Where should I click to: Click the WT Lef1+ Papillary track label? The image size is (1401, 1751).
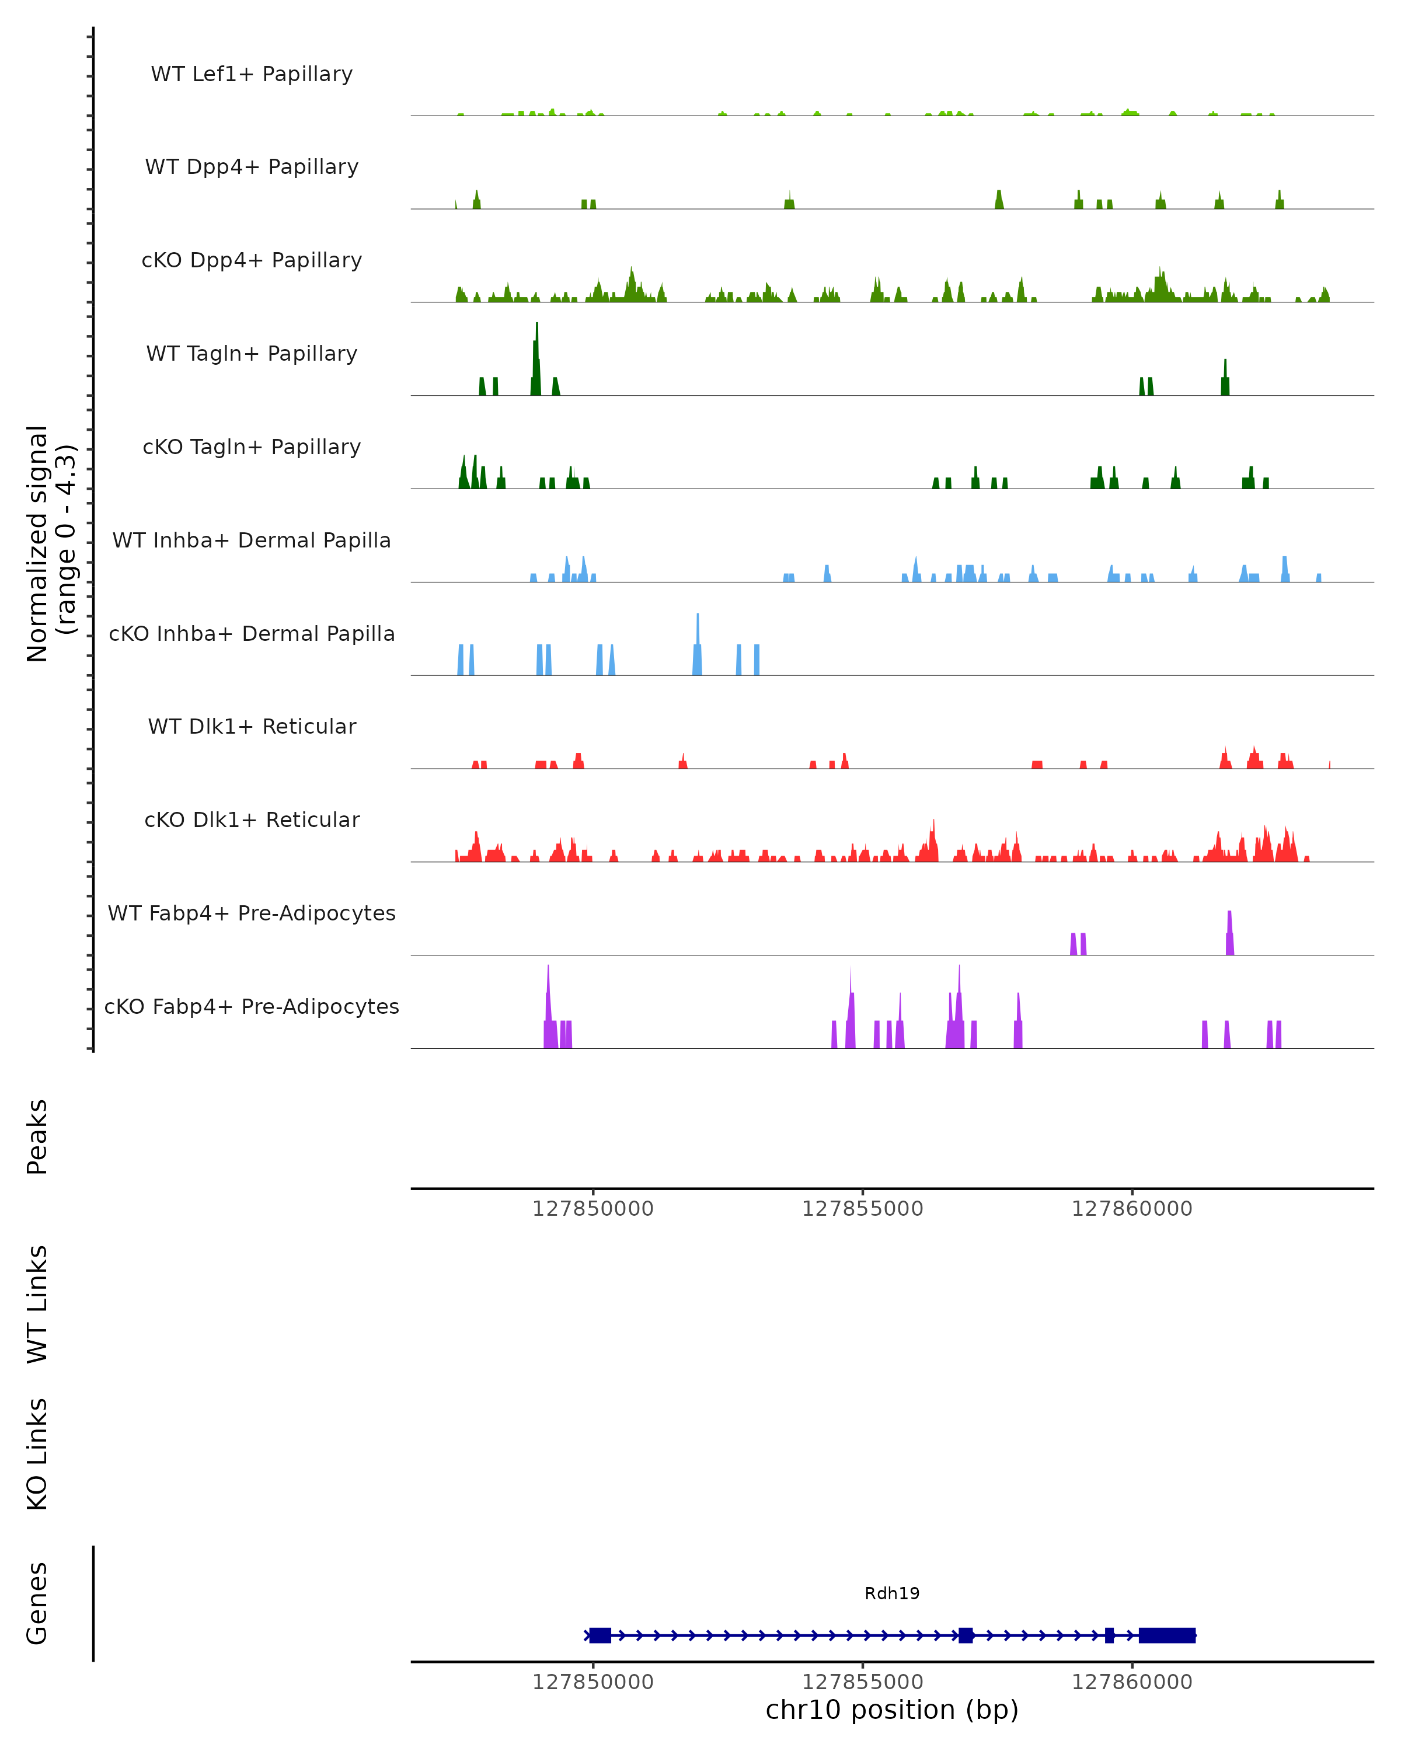252,74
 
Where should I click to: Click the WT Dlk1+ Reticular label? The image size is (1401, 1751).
252,726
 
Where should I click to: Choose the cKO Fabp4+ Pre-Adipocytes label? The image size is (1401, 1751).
252,1006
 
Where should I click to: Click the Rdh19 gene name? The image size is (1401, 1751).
892,1593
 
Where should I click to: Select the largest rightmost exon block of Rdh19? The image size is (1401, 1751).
1167,1635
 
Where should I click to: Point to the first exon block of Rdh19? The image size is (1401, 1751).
600,1635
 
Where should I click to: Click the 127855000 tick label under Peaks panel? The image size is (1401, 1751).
863,1209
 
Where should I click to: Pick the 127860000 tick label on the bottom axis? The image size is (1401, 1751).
1131,1682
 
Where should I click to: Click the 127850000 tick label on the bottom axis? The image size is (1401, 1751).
593,1682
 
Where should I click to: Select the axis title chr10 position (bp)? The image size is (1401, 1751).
892,1710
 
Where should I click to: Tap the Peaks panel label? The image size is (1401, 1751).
37,1136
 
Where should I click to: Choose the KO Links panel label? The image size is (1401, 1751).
37,1454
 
